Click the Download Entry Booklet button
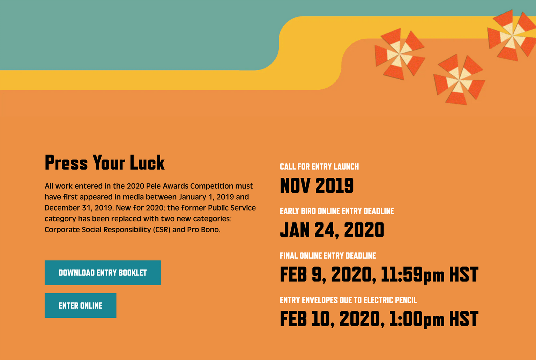(x=103, y=273)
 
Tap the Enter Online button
(x=80, y=306)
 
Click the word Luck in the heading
(x=147, y=162)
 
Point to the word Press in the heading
(x=66, y=162)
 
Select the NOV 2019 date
(x=317, y=185)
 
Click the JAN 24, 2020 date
(x=332, y=230)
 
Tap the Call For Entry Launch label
(x=319, y=167)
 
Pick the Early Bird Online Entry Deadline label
(x=337, y=211)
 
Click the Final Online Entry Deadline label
(x=328, y=256)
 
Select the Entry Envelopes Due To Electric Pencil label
(x=348, y=300)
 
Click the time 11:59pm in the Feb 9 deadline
(x=412, y=274)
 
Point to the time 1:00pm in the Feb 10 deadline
(x=417, y=319)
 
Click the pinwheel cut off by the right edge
(x=512, y=35)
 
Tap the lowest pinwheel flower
(x=459, y=80)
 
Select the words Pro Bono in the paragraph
(x=204, y=229)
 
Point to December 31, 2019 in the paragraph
(x=79, y=208)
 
